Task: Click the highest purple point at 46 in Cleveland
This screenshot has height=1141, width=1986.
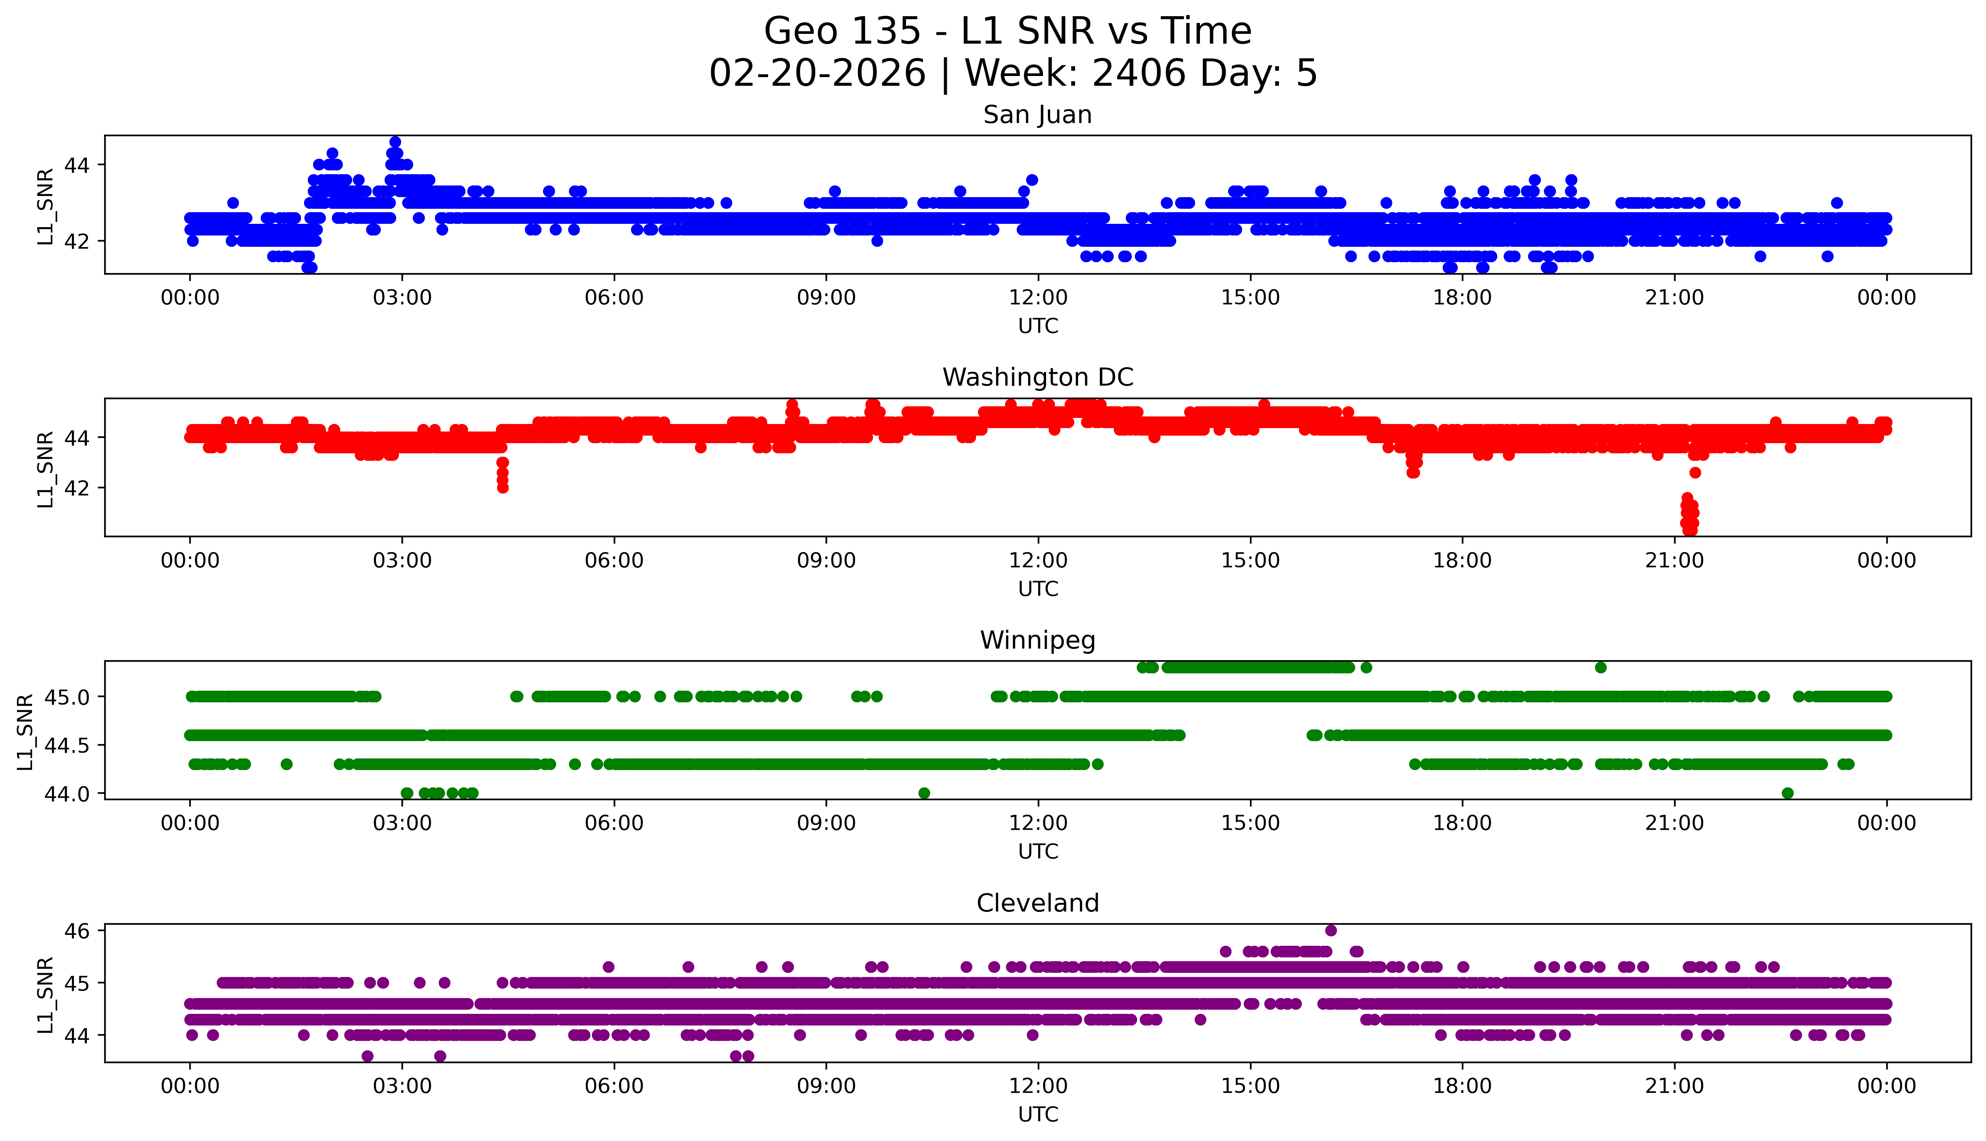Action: (x=1331, y=930)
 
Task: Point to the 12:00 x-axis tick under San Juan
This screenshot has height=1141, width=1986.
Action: (x=1038, y=298)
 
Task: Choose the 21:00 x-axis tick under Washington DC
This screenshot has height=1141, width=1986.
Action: (x=1674, y=560)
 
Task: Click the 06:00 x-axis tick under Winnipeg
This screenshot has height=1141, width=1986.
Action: (x=614, y=823)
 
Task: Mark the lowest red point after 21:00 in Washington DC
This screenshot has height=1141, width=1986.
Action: (x=1691, y=530)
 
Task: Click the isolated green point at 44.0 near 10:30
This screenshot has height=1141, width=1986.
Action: (x=924, y=793)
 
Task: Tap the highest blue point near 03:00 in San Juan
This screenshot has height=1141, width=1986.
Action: (x=395, y=142)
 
